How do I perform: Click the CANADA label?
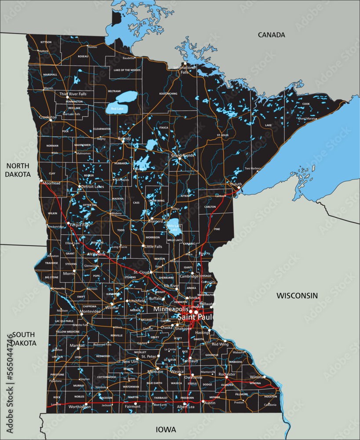point(271,35)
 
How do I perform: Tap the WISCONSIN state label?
point(297,296)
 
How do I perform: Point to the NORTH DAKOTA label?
point(18,170)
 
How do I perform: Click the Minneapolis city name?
point(171,309)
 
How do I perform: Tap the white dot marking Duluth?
point(239,188)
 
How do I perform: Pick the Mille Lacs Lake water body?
point(174,226)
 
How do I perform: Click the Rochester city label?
point(227,374)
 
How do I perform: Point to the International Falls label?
point(184,70)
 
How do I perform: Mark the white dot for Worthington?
point(86,403)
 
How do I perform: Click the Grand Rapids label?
point(182,155)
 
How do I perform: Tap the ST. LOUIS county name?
point(222,135)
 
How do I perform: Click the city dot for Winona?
point(265,377)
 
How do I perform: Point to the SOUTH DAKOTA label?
point(24,338)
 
